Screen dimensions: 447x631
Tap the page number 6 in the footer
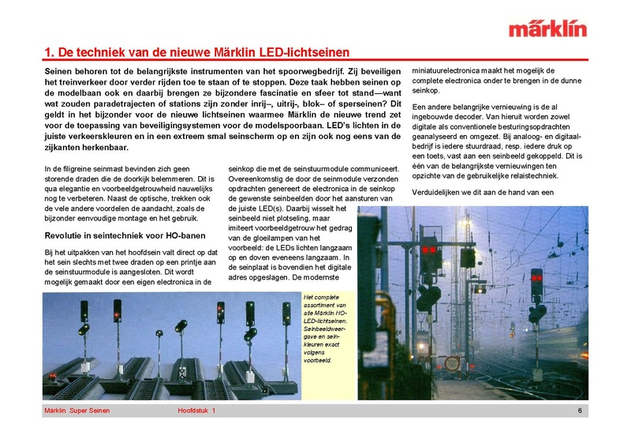pyautogui.click(x=580, y=411)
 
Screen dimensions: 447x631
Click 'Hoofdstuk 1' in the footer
pyautogui.click(x=196, y=411)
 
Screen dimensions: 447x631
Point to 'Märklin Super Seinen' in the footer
pyautogui.click(x=77, y=411)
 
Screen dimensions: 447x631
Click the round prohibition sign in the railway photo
pyautogui.click(x=451, y=362)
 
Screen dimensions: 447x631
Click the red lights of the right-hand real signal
pyautogui.click(x=536, y=279)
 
